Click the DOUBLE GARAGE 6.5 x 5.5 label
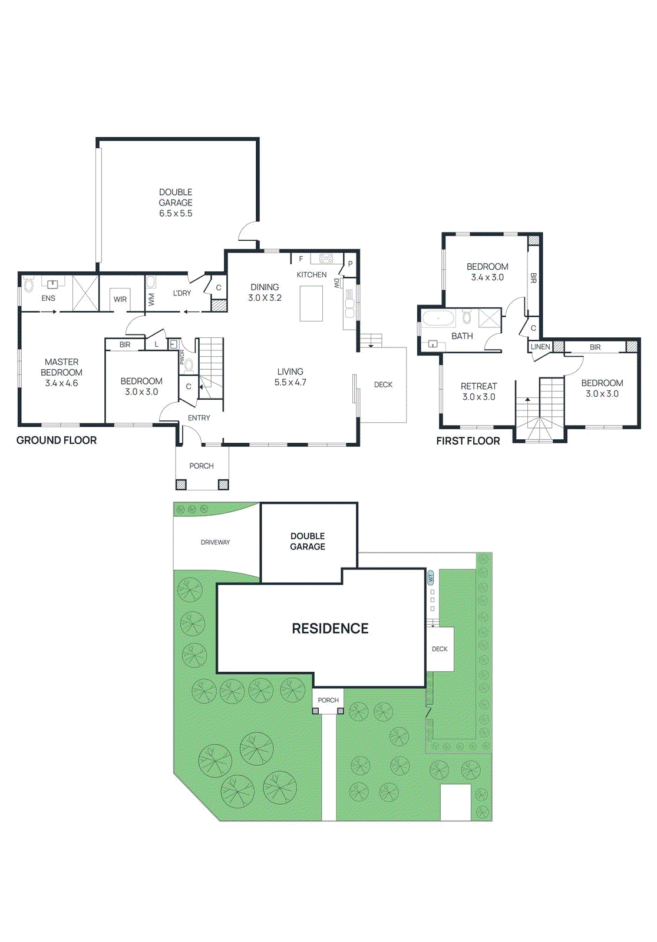[x=176, y=203]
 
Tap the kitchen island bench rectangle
[x=311, y=303]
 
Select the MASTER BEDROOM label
[x=61, y=372]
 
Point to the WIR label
[x=120, y=299]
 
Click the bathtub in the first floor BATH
[x=438, y=319]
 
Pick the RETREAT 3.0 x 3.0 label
[x=478, y=392]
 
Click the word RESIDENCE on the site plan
[x=330, y=628]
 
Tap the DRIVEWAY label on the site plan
[x=215, y=542]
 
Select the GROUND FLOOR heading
[x=57, y=440]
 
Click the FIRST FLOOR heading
[x=468, y=441]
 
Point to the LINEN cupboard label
[x=540, y=347]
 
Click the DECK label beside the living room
[x=383, y=384]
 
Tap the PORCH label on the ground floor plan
[x=202, y=466]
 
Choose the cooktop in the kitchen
[x=326, y=258]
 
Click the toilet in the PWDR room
[x=189, y=364]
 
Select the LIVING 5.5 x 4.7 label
[x=290, y=377]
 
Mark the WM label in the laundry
[x=151, y=299]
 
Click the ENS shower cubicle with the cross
[x=85, y=293]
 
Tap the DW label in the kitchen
[x=336, y=283]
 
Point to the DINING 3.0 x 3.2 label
[x=265, y=292]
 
